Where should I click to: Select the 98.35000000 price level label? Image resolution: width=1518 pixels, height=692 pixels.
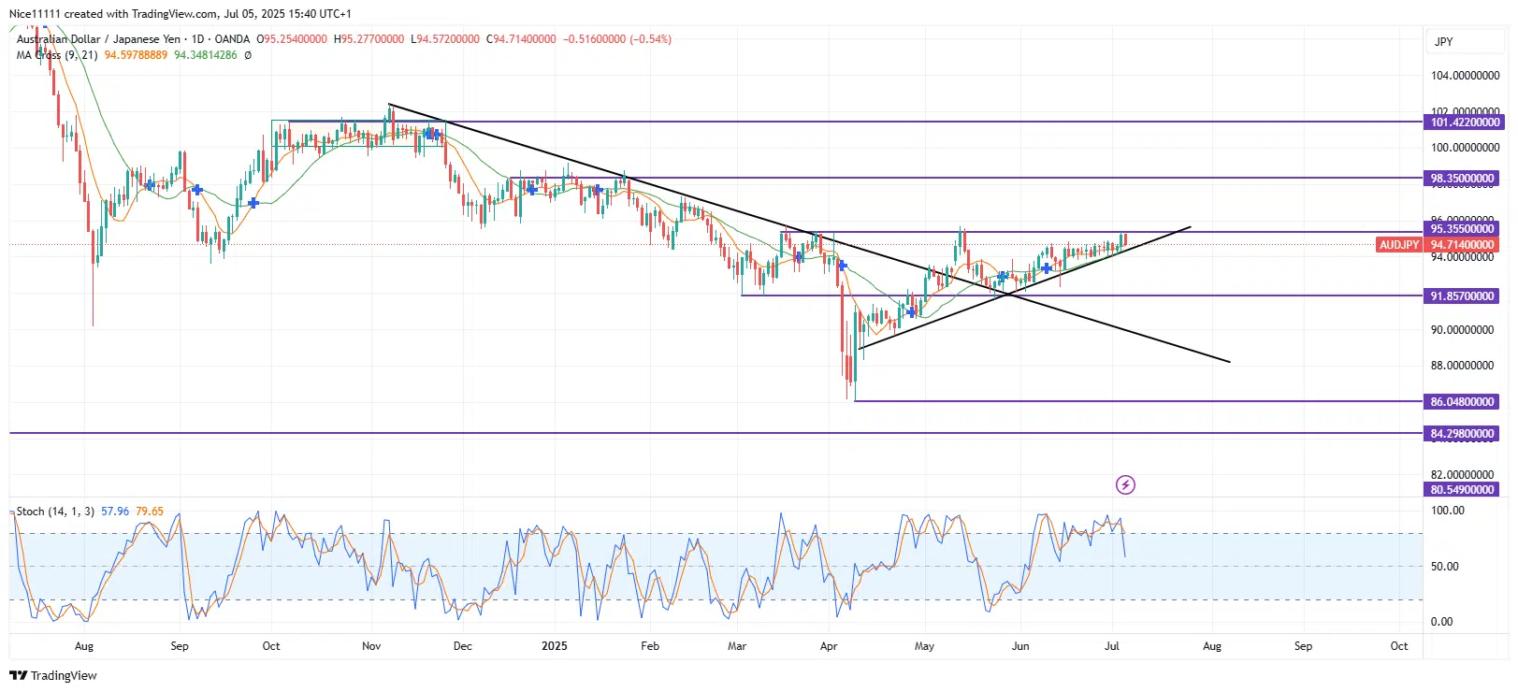coord(1463,179)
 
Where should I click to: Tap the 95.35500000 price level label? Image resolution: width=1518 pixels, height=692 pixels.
coord(1463,229)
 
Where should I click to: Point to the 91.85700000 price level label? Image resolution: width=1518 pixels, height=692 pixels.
coord(1463,296)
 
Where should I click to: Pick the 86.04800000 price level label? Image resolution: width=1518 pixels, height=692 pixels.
coord(1463,402)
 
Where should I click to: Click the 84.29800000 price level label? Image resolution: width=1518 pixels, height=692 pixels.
coord(1463,434)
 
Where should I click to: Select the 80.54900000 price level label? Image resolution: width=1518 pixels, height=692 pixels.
coord(1463,490)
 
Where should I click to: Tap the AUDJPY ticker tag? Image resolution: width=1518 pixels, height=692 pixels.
coord(1399,245)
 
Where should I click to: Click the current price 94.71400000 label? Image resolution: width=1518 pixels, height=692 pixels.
coord(1463,245)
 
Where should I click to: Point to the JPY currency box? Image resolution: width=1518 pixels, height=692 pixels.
coord(1444,42)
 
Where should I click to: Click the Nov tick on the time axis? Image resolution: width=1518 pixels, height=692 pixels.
coord(371,646)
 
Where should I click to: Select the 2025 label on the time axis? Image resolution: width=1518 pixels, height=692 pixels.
coord(555,646)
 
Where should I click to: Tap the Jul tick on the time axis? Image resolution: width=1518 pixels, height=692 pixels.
coord(1112,646)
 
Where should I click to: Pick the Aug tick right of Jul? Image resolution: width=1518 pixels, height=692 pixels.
coord(1212,646)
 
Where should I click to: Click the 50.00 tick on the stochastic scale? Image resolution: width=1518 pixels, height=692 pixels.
coord(1445,567)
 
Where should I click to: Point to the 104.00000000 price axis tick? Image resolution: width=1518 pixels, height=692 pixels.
coord(1465,76)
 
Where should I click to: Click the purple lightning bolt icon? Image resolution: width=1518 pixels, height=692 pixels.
coord(1125,484)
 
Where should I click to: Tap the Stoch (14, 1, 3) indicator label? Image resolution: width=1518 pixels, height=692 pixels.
coord(55,512)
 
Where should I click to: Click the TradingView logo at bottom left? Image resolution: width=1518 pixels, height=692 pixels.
coord(53,675)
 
